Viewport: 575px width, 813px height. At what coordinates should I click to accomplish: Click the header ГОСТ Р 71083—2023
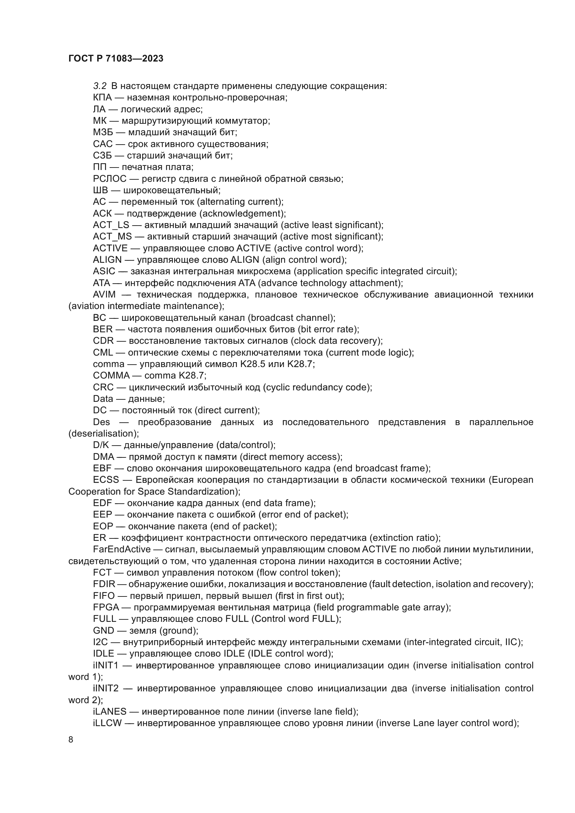[x=116, y=58]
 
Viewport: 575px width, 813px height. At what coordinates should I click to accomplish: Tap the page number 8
[x=71, y=740]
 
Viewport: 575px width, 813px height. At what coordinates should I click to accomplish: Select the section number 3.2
[x=99, y=86]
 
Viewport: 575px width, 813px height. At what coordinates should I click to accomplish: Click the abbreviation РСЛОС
[x=110, y=179]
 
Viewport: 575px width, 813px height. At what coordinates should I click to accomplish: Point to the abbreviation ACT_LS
[x=111, y=225]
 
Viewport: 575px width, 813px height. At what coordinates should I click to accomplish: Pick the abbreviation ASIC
[x=104, y=271]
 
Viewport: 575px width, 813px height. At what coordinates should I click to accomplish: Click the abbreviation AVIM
[x=104, y=295]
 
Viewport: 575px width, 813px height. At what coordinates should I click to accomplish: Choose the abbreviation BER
[x=103, y=329]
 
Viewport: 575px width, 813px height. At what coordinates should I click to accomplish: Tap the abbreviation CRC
[x=103, y=387]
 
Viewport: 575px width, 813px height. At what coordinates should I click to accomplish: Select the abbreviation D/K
[x=101, y=445]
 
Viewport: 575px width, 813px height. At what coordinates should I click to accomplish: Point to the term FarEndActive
[x=122, y=550]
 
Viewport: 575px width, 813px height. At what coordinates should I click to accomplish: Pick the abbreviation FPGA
[x=106, y=608]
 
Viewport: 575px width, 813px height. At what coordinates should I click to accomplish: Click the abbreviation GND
[x=103, y=631]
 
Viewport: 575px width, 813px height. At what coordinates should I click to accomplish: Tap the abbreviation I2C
[x=100, y=642]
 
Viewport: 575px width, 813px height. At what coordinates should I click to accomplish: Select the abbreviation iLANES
[x=110, y=712]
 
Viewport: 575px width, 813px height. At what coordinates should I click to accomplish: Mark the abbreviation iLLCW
[x=107, y=723]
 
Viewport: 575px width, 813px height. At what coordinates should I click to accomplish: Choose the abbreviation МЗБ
[x=103, y=132]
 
